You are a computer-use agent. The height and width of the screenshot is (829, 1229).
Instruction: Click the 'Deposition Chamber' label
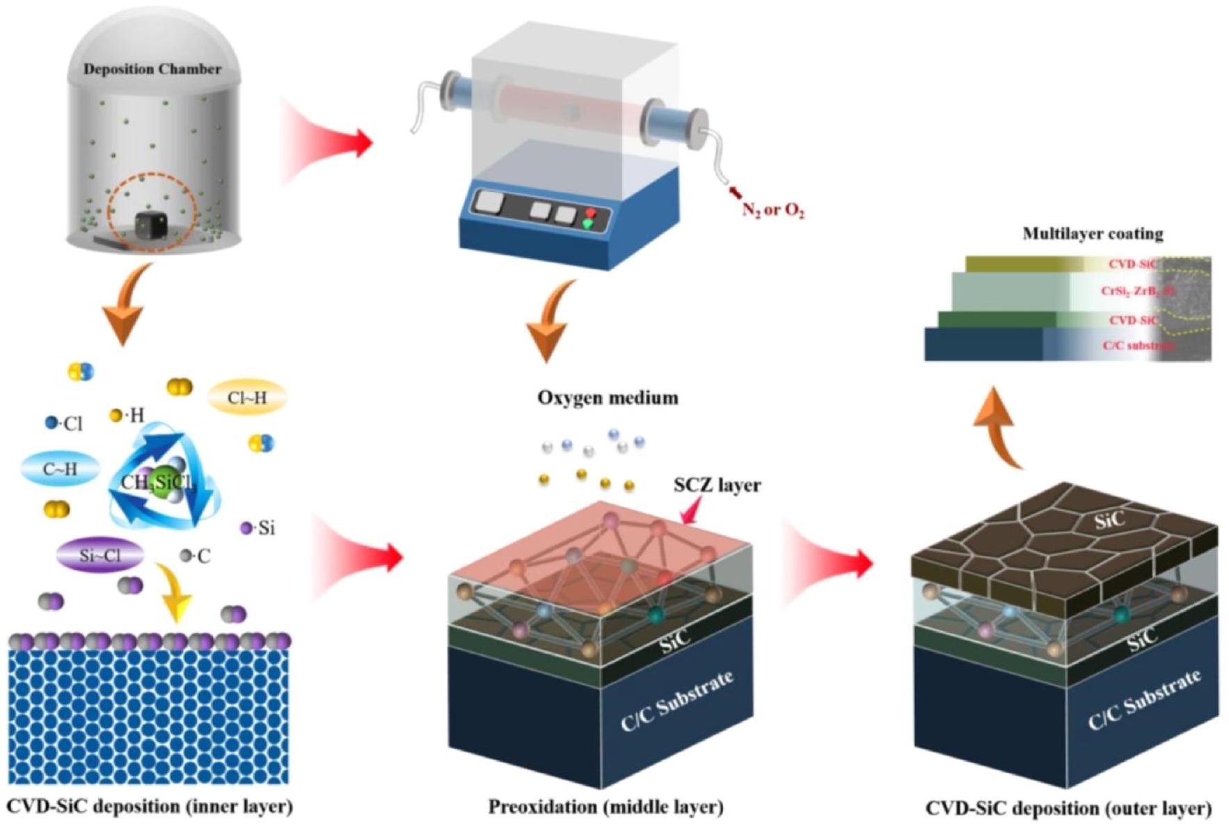(x=152, y=69)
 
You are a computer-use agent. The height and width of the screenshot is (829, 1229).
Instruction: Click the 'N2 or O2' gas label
(x=773, y=209)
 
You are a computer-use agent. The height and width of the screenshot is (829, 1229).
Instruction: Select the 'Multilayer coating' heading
(x=1092, y=234)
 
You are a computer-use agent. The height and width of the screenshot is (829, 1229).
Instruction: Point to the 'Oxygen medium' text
(x=608, y=398)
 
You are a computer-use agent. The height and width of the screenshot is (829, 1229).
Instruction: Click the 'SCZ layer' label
(x=717, y=485)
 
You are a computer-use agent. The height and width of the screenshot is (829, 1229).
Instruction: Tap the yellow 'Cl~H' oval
(x=247, y=397)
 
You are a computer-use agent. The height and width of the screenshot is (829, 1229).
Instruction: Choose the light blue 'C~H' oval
(x=60, y=469)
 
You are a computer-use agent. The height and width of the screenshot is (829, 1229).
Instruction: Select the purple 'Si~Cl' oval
(x=100, y=555)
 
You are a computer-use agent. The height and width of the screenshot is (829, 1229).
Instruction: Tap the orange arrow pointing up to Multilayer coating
(x=997, y=427)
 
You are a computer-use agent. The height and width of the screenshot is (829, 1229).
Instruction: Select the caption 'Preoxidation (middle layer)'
(x=605, y=807)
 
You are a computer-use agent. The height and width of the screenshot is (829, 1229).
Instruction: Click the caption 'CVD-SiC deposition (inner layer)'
(x=150, y=807)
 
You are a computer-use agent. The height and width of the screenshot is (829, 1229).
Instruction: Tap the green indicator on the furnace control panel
(x=588, y=224)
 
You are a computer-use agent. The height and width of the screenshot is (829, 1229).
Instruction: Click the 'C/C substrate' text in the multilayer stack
(x=1138, y=345)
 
